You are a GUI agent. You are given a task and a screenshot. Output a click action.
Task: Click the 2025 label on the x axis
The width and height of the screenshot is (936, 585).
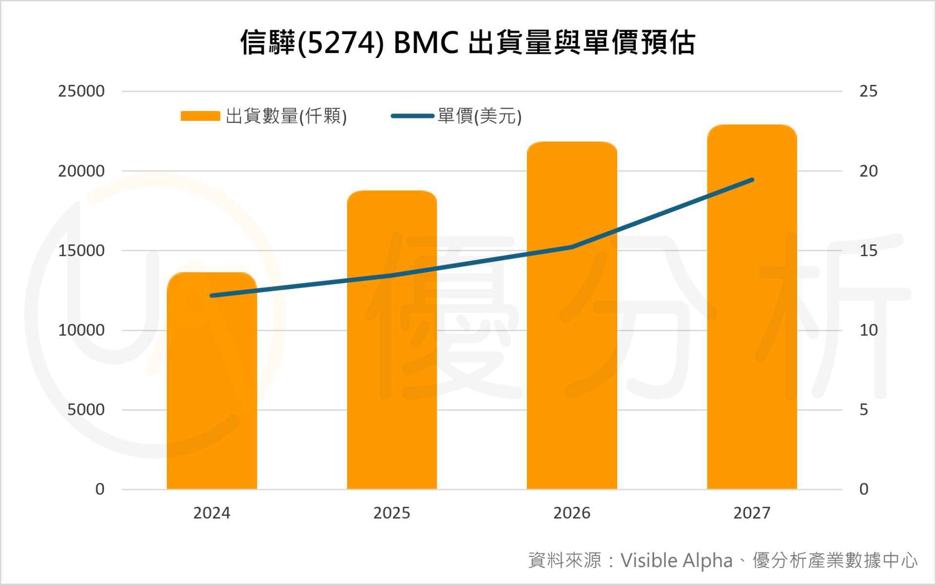pyautogui.click(x=392, y=513)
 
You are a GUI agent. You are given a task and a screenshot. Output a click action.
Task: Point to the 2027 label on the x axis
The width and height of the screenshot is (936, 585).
pyautogui.click(x=752, y=513)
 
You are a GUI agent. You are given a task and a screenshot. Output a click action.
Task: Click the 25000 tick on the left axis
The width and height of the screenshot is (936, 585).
pyautogui.click(x=81, y=91)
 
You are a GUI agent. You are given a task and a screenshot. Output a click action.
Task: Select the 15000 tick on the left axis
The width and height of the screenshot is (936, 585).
pyautogui.click(x=81, y=250)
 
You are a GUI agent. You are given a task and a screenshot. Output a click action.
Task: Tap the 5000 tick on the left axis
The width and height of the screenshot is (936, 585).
pyautogui.click(x=86, y=410)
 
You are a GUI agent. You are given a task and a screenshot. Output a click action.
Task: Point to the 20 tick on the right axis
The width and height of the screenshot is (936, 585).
pyautogui.click(x=868, y=171)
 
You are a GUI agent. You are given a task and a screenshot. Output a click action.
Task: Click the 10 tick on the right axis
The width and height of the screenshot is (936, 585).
pyautogui.click(x=868, y=330)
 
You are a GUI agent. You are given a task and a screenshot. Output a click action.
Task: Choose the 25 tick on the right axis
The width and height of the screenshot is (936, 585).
pyautogui.click(x=868, y=91)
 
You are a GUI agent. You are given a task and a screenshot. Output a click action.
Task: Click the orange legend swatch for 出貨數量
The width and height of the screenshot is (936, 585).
pyautogui.click(x=200, y=116)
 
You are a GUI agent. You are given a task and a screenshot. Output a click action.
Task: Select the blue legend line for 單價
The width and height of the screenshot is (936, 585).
pyautogui.click(x=412, y=116)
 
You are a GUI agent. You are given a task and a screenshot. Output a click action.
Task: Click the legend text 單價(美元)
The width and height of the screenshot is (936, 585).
pyautogui.click(x=480, y=116)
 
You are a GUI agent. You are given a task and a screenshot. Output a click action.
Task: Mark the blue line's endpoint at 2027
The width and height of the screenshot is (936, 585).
pyautogui.click(x=752, y=180)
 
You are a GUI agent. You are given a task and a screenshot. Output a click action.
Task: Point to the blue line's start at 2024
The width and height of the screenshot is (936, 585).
pyautogui.click(x=212, y=296)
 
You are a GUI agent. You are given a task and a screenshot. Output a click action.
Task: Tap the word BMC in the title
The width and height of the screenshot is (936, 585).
pyautogui.click(x=426, y=43)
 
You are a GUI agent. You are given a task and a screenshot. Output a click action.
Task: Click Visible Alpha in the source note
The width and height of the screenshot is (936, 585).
pyautogui.click(x=676, y=561)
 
